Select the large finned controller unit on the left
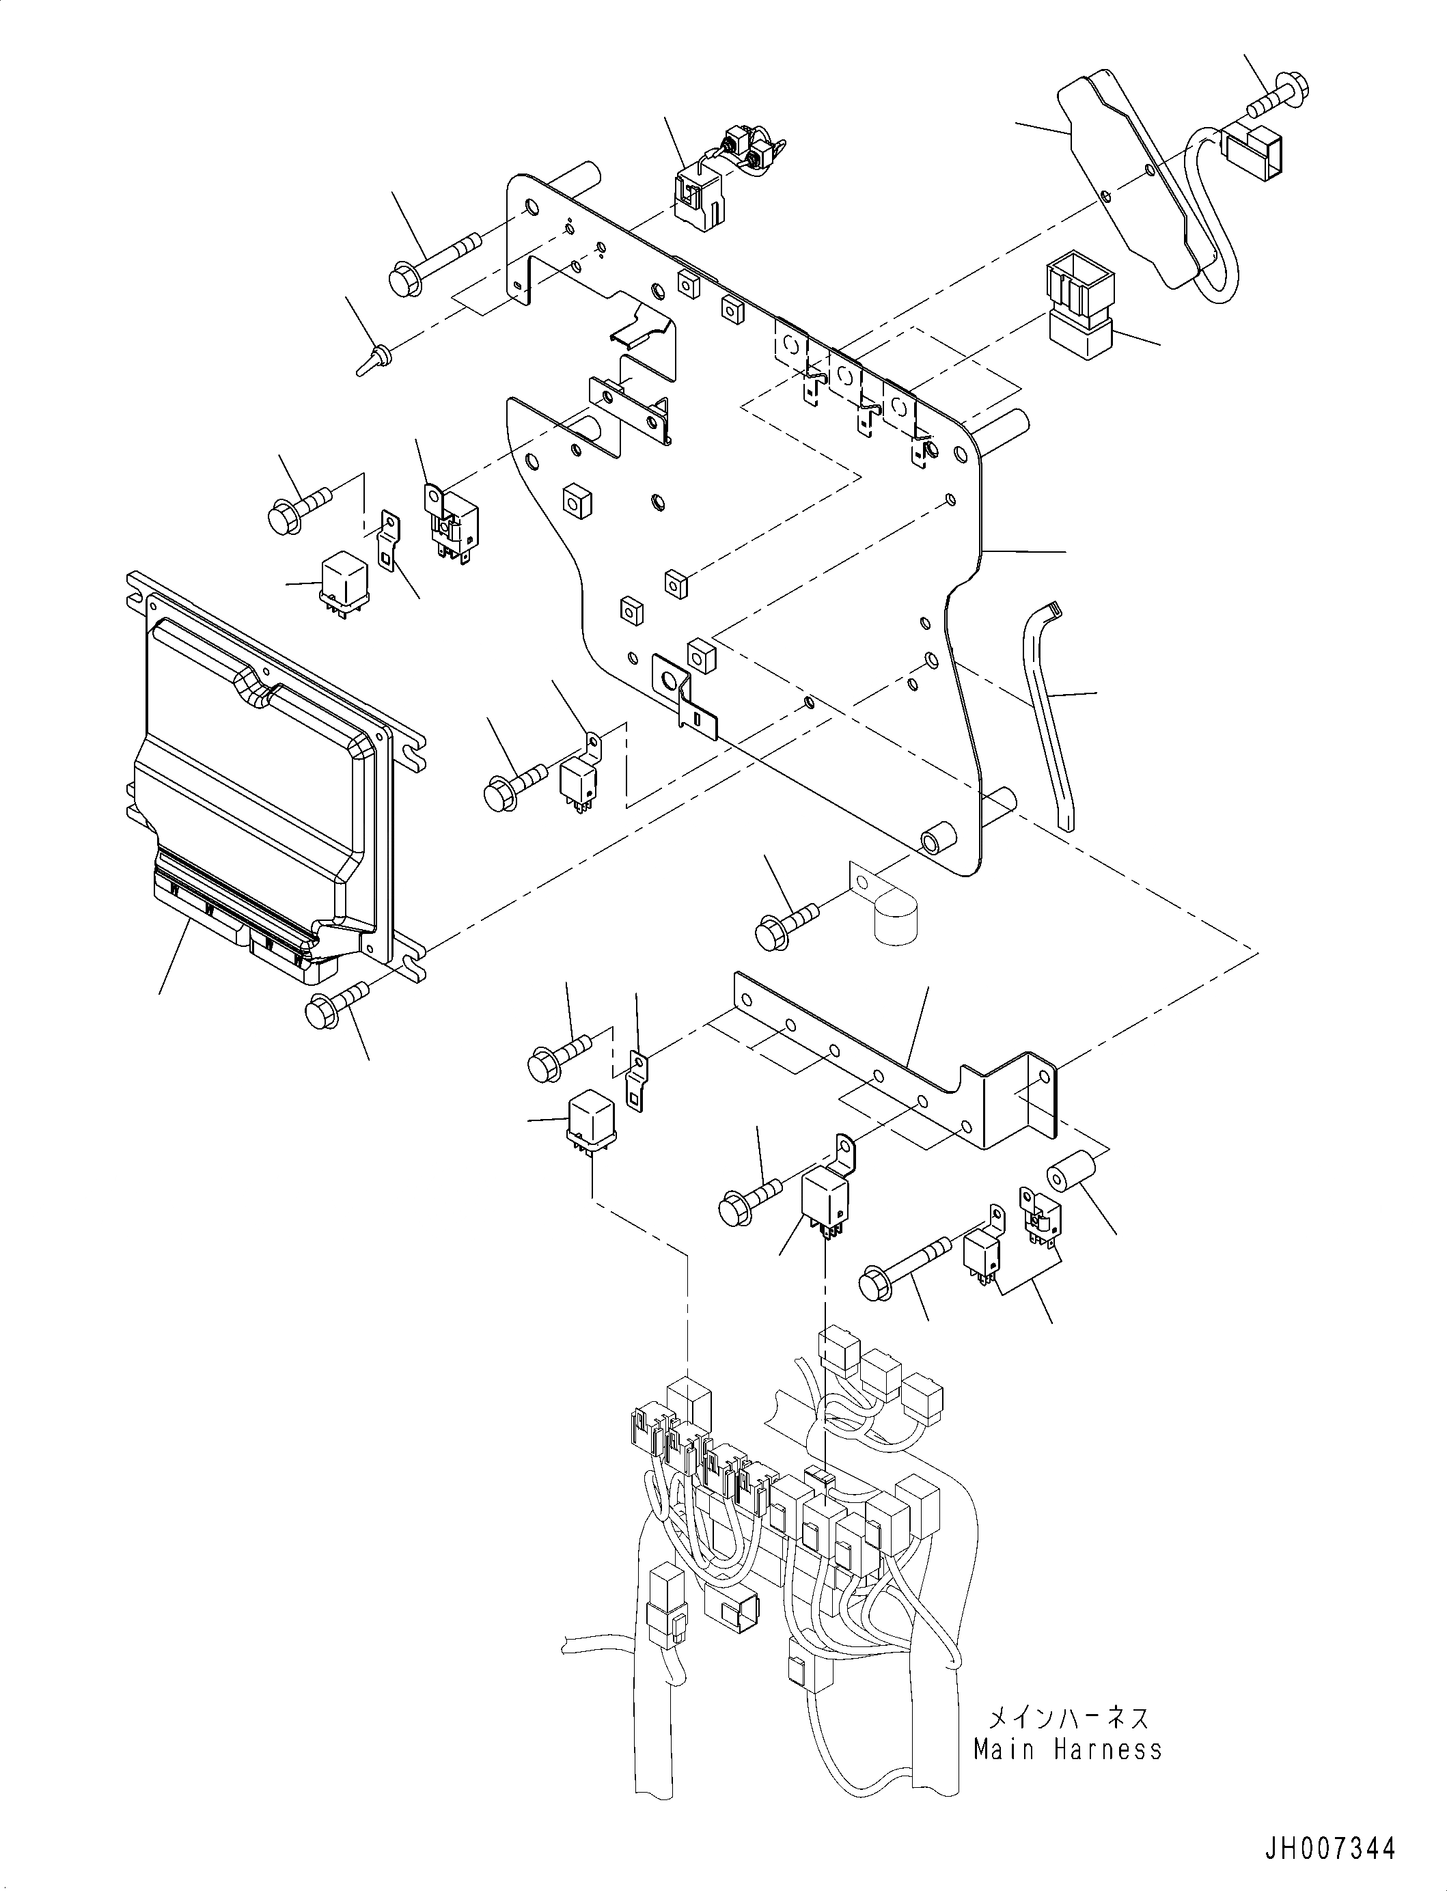coord(258,767)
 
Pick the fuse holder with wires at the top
coord(715,185)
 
